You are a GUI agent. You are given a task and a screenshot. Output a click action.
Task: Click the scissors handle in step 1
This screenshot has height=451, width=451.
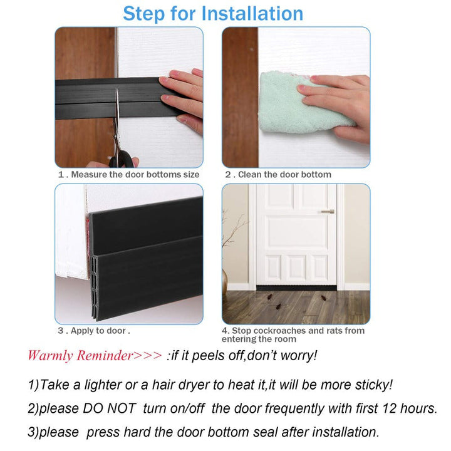pyautogui.click(x=122, y=158)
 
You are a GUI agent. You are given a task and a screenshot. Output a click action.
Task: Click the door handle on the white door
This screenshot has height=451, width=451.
pyautogui.click(x=328, y=212)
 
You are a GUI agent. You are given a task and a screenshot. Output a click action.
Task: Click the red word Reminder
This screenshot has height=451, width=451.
pyautogui.click(x=105, y=356)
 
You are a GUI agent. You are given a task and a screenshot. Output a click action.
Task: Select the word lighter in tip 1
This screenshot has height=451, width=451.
pyautogui.click(x=103, y=385)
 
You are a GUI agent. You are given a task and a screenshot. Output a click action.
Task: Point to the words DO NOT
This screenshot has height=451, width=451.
pyautogui.click(x=109, y=408)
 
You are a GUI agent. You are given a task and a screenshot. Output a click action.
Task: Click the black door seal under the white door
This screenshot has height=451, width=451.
pyautogui.click(x=296, y=288)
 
